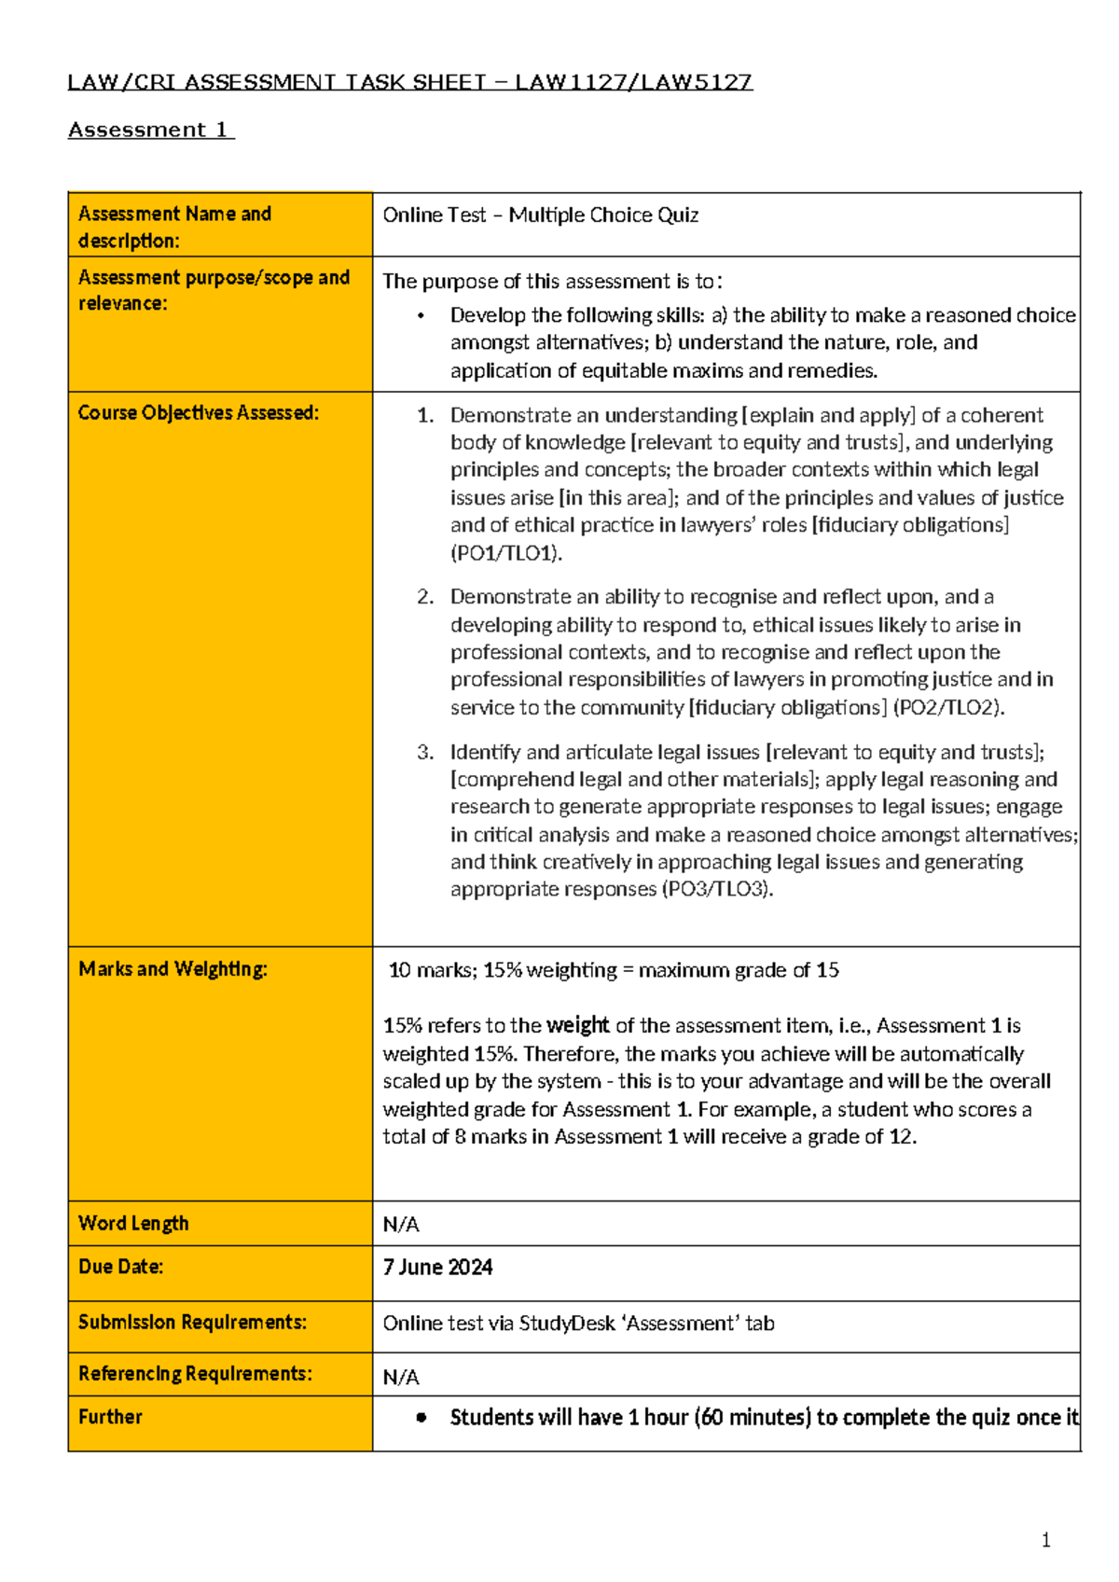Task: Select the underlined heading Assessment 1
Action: tap(149, 131)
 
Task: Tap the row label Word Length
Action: tap(133, 1223)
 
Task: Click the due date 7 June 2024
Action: tap(437, 1268)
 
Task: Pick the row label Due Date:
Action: tap(120, 1267)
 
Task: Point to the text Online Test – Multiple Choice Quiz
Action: tap(540, 215)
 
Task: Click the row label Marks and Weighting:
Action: tap(173, 969)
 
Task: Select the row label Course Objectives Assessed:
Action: tap(198, 413)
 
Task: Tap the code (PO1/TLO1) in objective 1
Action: tap(506, 553)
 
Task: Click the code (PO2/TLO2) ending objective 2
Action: tap(948, 708)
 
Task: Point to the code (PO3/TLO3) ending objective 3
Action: tap(717, 889)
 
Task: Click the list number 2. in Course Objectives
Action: tap(425, 597)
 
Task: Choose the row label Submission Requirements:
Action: tap(192, 1323)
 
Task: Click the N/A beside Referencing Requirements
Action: tap(401, 1378)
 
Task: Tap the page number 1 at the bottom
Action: tap(1045, 1540)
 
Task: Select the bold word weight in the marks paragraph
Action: tap(577, 1026)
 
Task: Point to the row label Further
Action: tap(110, 1417)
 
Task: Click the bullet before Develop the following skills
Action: tap(421, 316)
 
